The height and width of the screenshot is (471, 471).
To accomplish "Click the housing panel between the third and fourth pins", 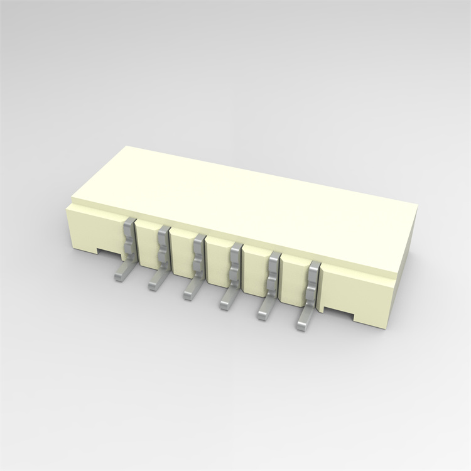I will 218,261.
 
